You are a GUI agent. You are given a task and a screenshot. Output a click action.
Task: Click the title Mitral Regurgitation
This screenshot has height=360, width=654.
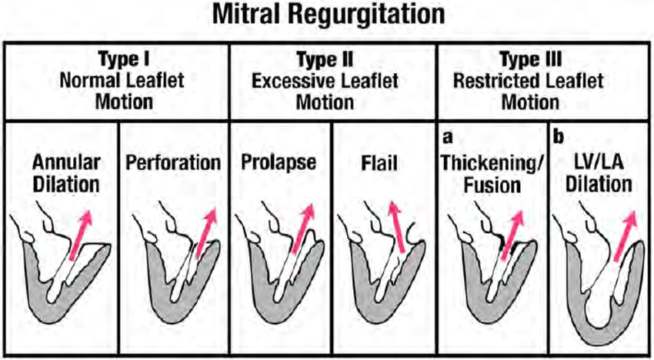(327, 15)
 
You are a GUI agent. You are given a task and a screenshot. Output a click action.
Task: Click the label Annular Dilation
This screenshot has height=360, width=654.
(65, 174)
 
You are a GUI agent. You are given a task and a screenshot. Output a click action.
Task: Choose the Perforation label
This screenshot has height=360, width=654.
(172, 163)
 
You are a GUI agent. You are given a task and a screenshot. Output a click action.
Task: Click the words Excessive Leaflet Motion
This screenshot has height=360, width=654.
(334, 91)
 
